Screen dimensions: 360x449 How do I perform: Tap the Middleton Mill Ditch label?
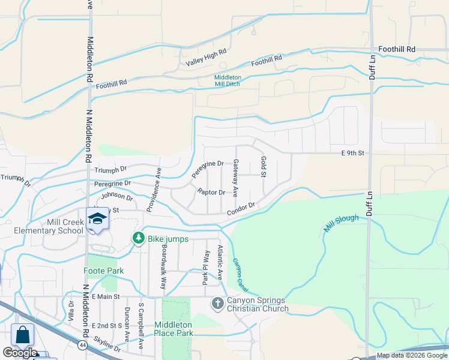click(236, 81)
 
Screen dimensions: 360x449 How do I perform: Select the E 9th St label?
click(353, 154)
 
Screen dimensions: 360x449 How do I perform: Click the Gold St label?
click(263, 167)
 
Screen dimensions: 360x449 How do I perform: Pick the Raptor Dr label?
click(211, 192)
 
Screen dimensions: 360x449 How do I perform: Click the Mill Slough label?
click(342, 223)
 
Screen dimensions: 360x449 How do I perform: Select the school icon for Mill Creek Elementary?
click(97, 220)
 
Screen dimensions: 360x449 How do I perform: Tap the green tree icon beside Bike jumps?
click(139, 239)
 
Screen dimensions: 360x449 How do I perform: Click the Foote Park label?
click(103, 271)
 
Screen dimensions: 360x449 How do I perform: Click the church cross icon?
click(217, 304)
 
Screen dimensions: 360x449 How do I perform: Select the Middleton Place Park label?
click(173, 328)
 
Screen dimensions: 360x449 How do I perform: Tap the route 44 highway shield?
click(81, 344)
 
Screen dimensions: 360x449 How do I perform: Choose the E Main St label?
click(106, 296)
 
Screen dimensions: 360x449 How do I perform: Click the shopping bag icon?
click(23, 335)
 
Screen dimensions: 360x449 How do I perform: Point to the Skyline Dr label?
click(107, 348)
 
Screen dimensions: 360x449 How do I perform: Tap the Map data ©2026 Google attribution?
click(411, 355)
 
